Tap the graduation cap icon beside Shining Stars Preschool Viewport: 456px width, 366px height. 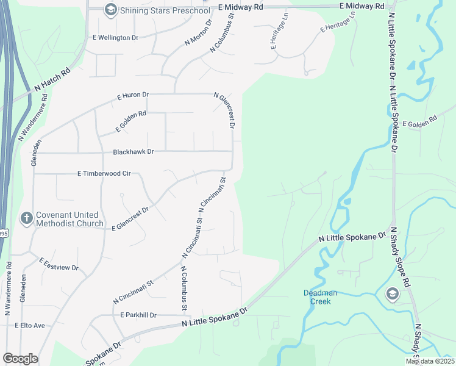(110, 9)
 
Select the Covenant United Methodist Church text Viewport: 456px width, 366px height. (69, 219)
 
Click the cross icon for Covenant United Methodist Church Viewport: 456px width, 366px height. (26, 218)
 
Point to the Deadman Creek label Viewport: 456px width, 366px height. (317, 297)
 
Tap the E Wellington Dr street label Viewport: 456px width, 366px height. (116, 37)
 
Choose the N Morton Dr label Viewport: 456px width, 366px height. (198, 32)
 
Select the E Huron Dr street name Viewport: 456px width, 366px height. (133, 96)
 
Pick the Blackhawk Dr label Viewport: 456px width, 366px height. (134, 151)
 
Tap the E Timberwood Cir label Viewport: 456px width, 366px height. (104, 174)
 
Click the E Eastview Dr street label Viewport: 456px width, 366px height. (59, 264)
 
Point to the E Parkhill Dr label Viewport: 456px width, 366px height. (138, 315)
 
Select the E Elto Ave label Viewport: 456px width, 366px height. (30, 326)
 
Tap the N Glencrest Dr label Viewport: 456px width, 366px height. (224, 110)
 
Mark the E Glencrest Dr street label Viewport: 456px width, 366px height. (130, 218)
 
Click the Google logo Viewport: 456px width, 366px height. (20, 359)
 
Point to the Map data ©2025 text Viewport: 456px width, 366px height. (430, 361)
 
